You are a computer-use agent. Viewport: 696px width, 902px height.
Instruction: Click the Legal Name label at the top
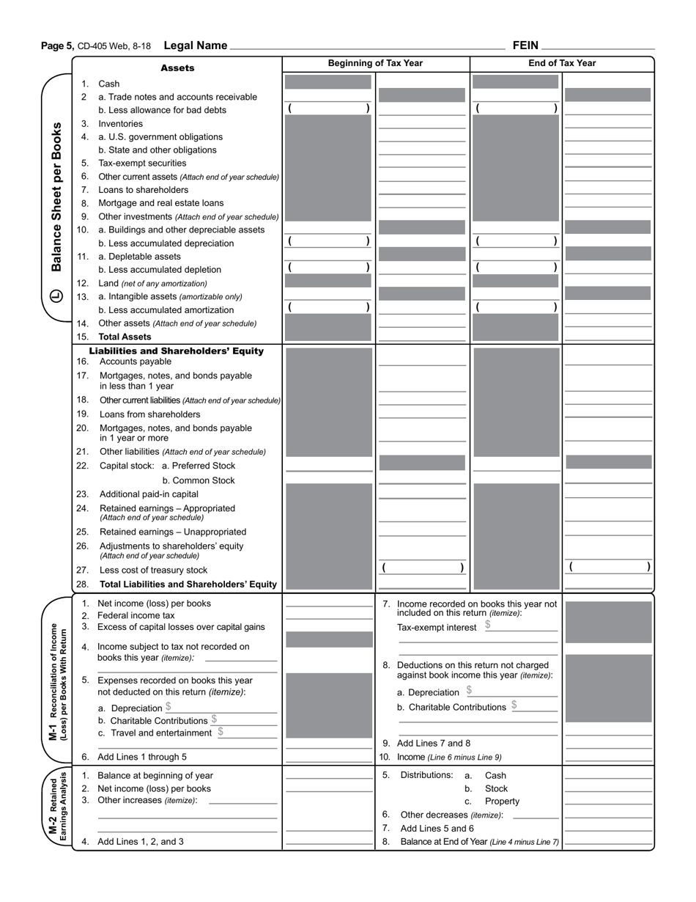click(x=196, y=45)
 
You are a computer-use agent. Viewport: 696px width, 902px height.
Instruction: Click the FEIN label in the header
click(x=525, y=45)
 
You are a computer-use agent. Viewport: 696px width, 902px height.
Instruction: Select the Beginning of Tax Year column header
click(x=375, y=63)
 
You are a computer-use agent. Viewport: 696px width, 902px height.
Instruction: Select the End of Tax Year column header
click(x=562, y=63)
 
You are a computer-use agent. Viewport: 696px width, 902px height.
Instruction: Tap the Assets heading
click(x=177, y=68)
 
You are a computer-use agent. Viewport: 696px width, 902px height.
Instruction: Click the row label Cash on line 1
click(x=108, y=84)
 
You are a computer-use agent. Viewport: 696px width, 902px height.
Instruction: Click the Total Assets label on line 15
click(x=125, y=337)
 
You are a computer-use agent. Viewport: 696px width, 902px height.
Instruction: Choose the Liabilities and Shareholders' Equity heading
click(x=176, y=351)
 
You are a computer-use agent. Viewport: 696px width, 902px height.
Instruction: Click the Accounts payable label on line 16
click(x=136, y=362)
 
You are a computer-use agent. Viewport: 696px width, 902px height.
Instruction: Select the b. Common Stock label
click(x=199, y=481)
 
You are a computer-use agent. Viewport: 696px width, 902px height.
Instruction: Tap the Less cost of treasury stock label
click(x=153, y=571)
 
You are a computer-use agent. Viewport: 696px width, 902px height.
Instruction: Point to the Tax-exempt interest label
click(x=437, y=628)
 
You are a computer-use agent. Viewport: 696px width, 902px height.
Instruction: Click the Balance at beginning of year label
click(x=155, y=776)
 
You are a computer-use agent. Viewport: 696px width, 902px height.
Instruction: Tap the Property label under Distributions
click(x=502, y=802)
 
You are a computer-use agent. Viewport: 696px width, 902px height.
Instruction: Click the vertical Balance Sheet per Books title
click(x=57, y=197)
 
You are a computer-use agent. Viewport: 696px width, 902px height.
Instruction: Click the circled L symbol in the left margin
click(x=57, y=297)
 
